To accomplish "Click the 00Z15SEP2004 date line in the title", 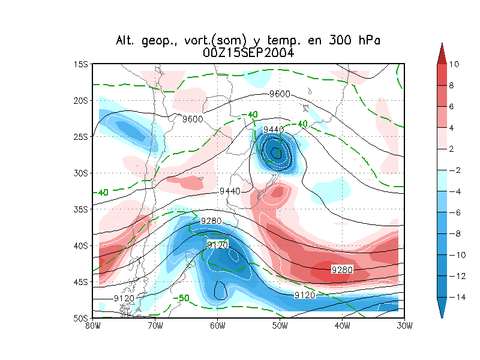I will point(248,53).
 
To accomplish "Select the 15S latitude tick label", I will point(80,64).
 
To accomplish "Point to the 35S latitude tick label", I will point(80,209).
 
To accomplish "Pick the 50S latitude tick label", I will point(80,318).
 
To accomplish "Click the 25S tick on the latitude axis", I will point(80,137).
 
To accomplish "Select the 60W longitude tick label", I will point(217,326).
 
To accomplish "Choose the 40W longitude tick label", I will point(342,326).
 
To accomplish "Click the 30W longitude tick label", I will point(404,326).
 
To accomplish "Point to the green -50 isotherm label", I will point(182,298).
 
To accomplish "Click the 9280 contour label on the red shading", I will point(341,270).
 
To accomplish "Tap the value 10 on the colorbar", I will point(454,64).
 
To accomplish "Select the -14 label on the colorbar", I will point(456,297).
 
